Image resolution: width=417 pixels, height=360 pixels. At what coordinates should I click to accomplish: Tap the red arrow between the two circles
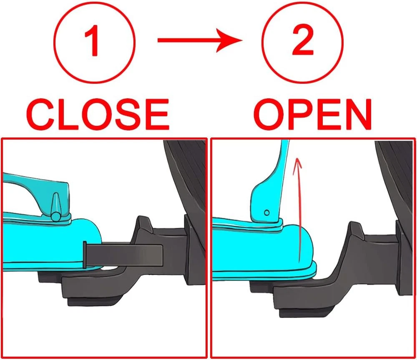[200, 40]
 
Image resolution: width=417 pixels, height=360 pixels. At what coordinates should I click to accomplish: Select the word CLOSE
[98, 114]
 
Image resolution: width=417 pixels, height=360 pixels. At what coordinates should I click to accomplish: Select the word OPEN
[313, 114]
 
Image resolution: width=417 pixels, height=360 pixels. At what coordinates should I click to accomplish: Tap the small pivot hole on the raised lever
[267, 212]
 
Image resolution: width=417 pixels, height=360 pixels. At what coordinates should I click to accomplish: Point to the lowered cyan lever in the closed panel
[37, 197]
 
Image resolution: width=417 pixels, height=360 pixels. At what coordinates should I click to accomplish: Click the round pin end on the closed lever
[56, 217]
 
